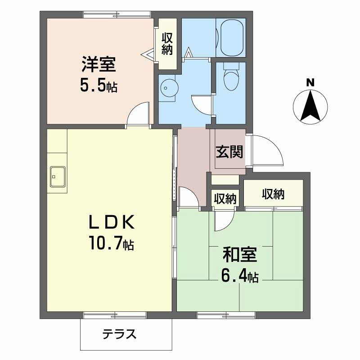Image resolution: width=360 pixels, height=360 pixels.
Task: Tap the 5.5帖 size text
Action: tap(99, 85)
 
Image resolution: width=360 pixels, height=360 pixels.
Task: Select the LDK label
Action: tap(112, 222)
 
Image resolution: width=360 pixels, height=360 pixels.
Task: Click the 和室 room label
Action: tap(240, 255)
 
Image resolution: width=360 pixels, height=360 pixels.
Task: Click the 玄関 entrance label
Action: tap(229, 152)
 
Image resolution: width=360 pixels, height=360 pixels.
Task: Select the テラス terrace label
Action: tap(120, 334)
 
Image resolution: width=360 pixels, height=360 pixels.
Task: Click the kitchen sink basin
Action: tap(58, 176)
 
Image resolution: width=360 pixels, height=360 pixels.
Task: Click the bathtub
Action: tap(231, 38)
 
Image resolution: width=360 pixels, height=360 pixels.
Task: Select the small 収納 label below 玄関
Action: tap(225, 198)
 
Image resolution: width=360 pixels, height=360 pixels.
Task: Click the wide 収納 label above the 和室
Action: tap(273, 194)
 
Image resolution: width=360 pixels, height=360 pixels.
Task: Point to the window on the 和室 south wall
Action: tap(226, 315)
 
